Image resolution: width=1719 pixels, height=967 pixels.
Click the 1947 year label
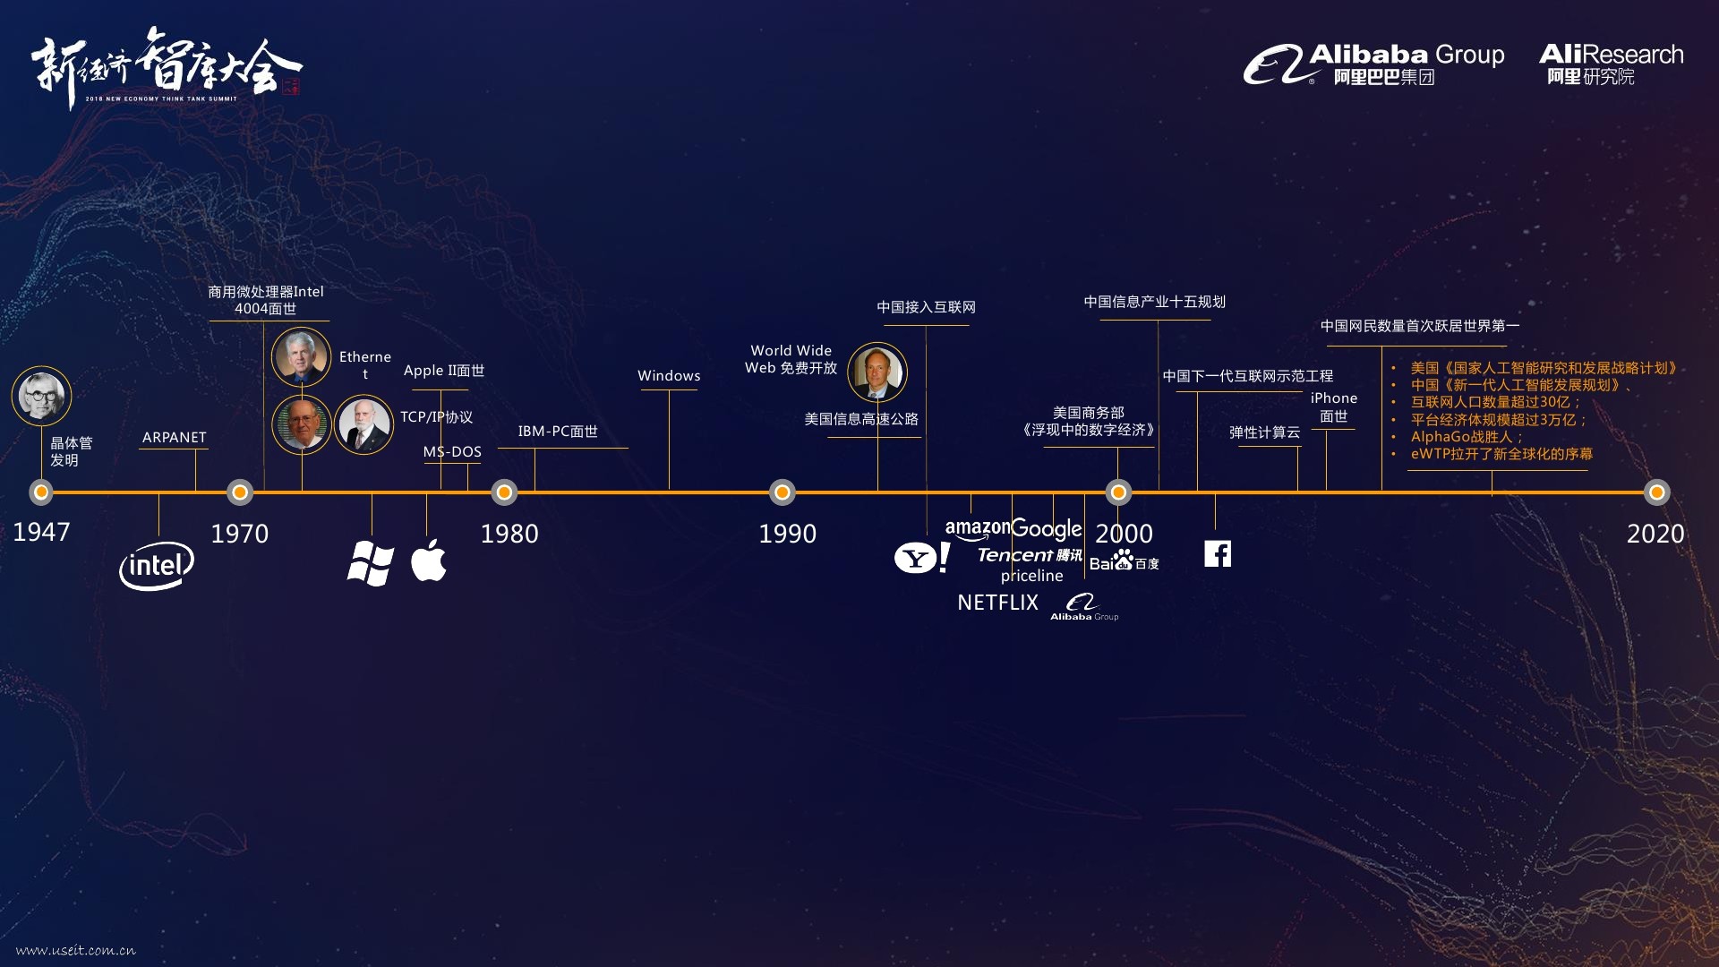pyautogui.click(x=41, y=532)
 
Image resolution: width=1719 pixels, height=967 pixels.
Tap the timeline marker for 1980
pyautogui.click(x=504, y=492)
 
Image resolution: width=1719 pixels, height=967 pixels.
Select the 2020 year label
pyautogui.click(x=1655, y=534)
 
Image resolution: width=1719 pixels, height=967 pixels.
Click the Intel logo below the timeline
pyautogui.click(x=157, y=566)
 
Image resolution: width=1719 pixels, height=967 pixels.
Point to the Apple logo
pyautogui.click(x=429, y=561)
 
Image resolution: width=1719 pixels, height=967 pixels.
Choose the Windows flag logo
pyautogui.click(x=371, y=563)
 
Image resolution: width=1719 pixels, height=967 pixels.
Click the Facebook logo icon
pyautogui.click(x=1218, y=553)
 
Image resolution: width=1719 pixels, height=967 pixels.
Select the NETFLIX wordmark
pyautogui.click(x=997, y=603)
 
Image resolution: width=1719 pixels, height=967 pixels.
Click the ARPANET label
pyautogui.click(x=174, y=437)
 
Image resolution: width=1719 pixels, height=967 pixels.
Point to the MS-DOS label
pyautogui.click(x=452, y=452)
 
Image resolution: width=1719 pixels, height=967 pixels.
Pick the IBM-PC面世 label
pyautogui.click(x=558, y=432)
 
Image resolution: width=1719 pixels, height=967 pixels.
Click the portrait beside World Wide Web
pyautogui.click(x=877, y=372)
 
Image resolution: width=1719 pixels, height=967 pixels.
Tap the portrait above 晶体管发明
pyautogui.click(x=41, y=396)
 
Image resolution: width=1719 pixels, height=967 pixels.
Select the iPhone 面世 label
pyautogui.click(x=1334, y=407)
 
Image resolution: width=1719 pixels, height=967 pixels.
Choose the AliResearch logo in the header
pyautogui.click(x=1611, y=64)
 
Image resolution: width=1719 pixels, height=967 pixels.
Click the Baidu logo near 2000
pyautogui.click(x=1124, y=561)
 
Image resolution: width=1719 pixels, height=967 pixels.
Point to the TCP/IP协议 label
pyautogui.click(x=436, y=417)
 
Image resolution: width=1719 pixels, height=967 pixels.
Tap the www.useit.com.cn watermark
pyautogui.click(x=76, y=950)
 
